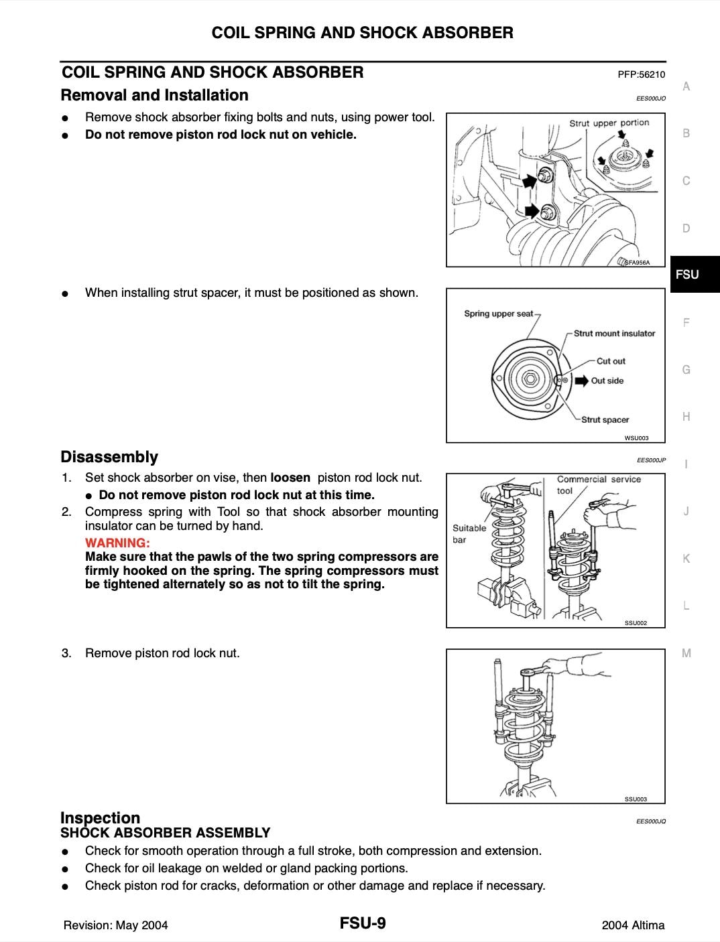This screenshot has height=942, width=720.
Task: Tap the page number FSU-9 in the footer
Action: (363, 924)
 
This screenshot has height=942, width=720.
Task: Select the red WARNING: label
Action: (117, 543)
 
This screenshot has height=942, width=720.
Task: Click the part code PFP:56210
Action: (641, 74)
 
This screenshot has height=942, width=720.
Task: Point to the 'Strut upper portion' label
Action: (609, 123)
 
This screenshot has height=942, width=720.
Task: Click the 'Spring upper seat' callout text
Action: (498, 314)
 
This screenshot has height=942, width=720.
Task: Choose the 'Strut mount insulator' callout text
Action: (614, 333)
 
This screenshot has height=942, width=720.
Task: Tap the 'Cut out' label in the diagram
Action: (611, 361)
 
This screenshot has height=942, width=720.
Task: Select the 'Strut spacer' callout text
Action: (605, 420)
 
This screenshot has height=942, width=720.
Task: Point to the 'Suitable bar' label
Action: (469, 533)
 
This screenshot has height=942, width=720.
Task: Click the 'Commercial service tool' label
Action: (599, 484)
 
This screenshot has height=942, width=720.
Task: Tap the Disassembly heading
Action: (109, 457)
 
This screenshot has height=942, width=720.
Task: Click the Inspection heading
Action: (101, 817)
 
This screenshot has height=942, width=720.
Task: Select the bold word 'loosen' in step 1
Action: (290, 478)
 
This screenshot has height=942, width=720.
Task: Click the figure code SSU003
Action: (636, 799)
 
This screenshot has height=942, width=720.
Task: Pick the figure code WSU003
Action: (636, 438)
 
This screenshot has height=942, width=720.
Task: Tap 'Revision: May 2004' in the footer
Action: (115, 925)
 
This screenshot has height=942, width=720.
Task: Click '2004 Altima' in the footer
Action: (634, 925)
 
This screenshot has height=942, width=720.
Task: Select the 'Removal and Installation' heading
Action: (155, 95)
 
